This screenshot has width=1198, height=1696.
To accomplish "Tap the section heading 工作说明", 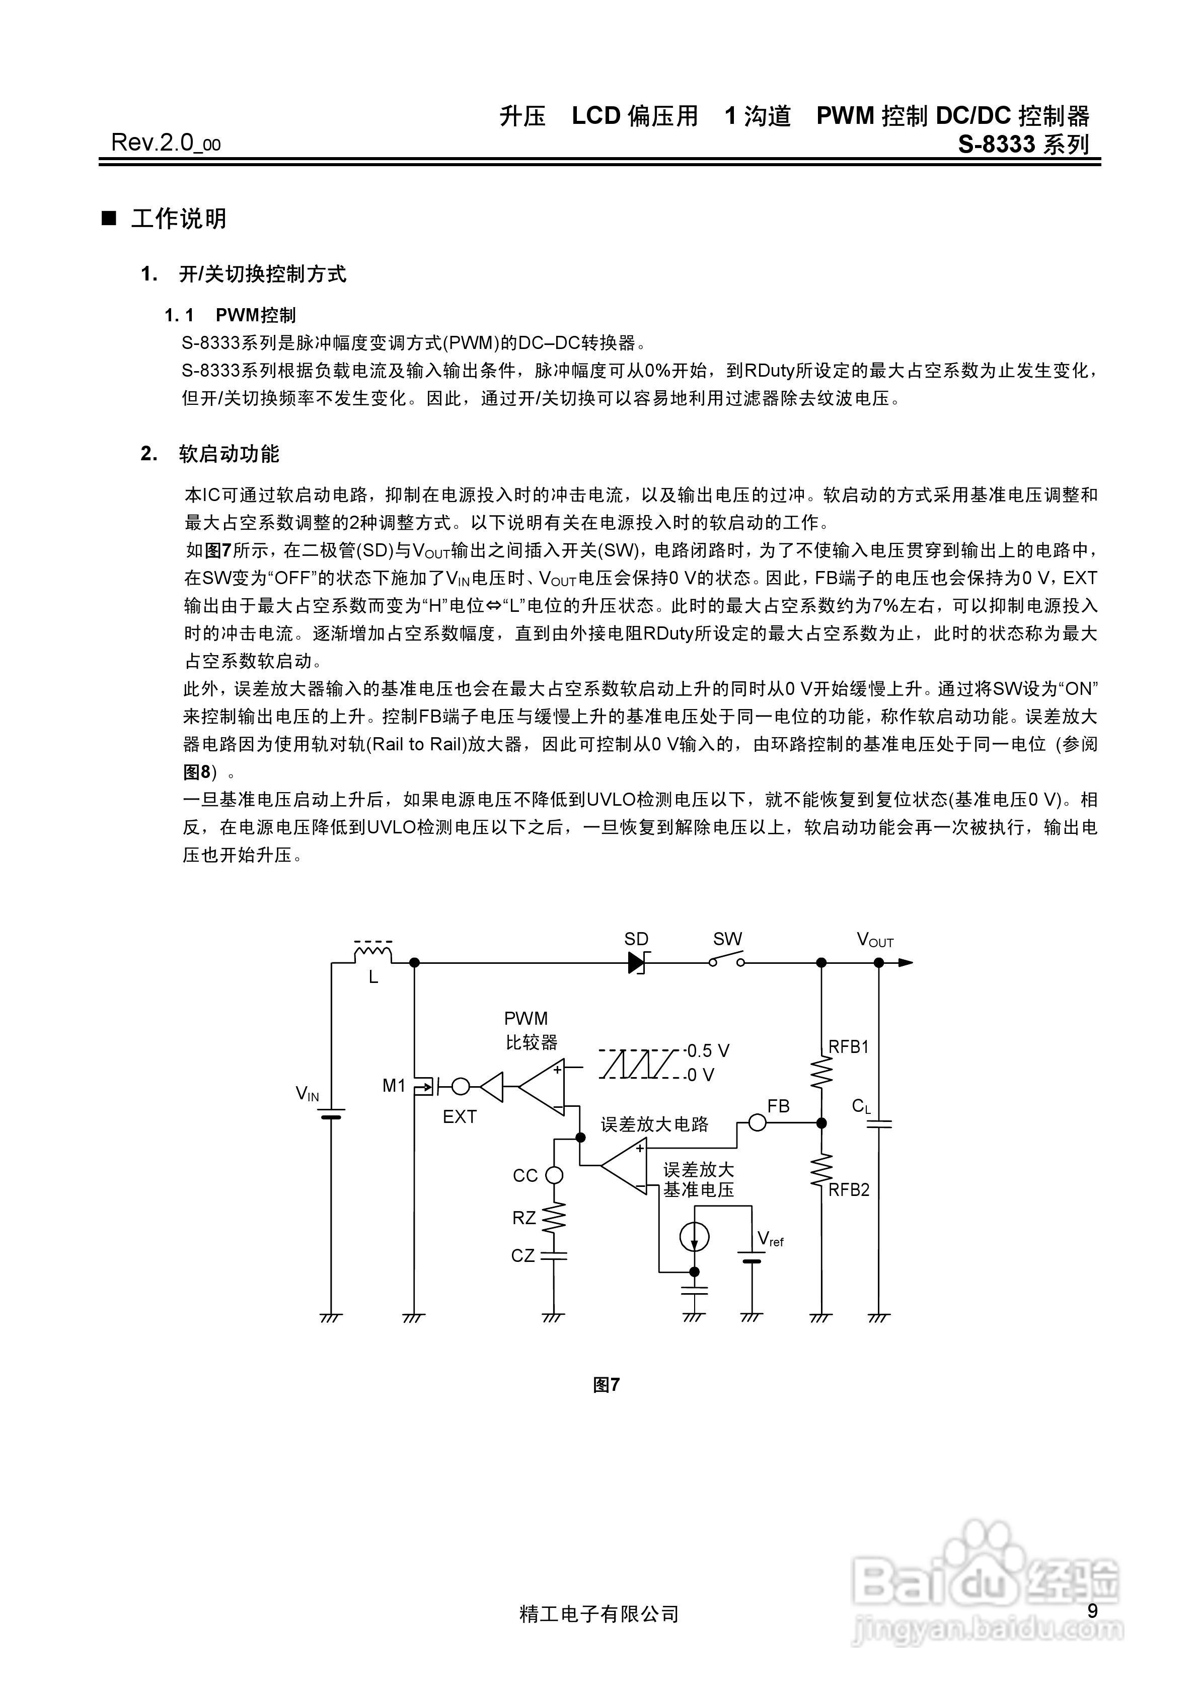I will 179,219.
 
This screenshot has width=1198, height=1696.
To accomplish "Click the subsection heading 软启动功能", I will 229,454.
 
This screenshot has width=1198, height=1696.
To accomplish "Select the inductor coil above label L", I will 373,954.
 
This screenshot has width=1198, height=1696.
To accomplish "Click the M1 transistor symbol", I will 423,1086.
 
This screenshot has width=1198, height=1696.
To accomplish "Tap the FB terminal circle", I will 757,1123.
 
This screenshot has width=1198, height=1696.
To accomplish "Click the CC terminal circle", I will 553,1175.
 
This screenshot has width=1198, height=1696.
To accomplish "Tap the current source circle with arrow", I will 694,1237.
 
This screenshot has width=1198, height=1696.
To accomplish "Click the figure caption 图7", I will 606,1385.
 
